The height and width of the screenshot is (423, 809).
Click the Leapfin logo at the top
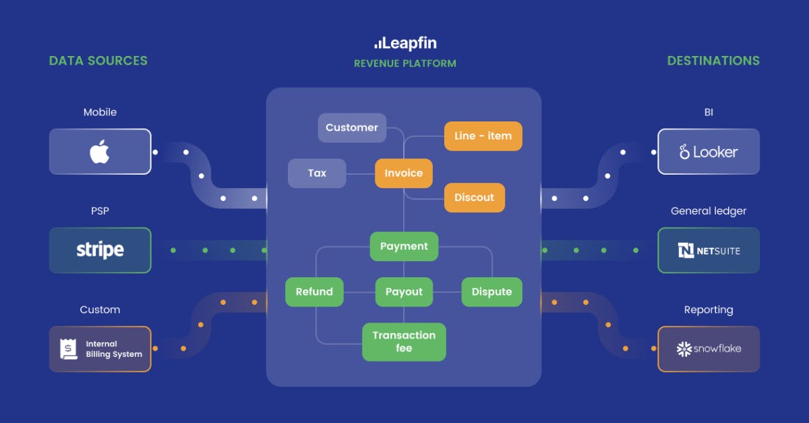click(405, 43)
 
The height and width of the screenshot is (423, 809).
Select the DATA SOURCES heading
click(98, 61)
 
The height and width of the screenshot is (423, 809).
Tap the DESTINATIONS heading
click(713, 61)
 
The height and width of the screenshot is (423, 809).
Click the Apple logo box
click(100, 152)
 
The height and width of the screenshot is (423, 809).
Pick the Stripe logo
click(100, 250)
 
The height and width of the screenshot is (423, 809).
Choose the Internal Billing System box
click(100, 349)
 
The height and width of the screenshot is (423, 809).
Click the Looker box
click(709, 152)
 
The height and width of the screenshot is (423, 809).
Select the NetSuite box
click(709, 250)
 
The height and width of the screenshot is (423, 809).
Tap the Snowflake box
click(709, 349)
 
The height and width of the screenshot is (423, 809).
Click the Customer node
click(352, 128)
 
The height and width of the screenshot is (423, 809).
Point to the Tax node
click(317, 173)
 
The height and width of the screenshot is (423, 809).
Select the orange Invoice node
click(403, 173)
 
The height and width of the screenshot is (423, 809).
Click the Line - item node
click(483, 136)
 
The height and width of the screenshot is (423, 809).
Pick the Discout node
click(474, 198)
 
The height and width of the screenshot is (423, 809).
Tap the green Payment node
click(404, 246)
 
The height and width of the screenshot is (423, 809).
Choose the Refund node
click(314, 292)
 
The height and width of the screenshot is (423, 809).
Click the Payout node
click(404, 292)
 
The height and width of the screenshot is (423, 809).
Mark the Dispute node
click(491, 292)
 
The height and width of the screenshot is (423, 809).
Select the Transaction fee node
click(404, 342)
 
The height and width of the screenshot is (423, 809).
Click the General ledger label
click(709, 211)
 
